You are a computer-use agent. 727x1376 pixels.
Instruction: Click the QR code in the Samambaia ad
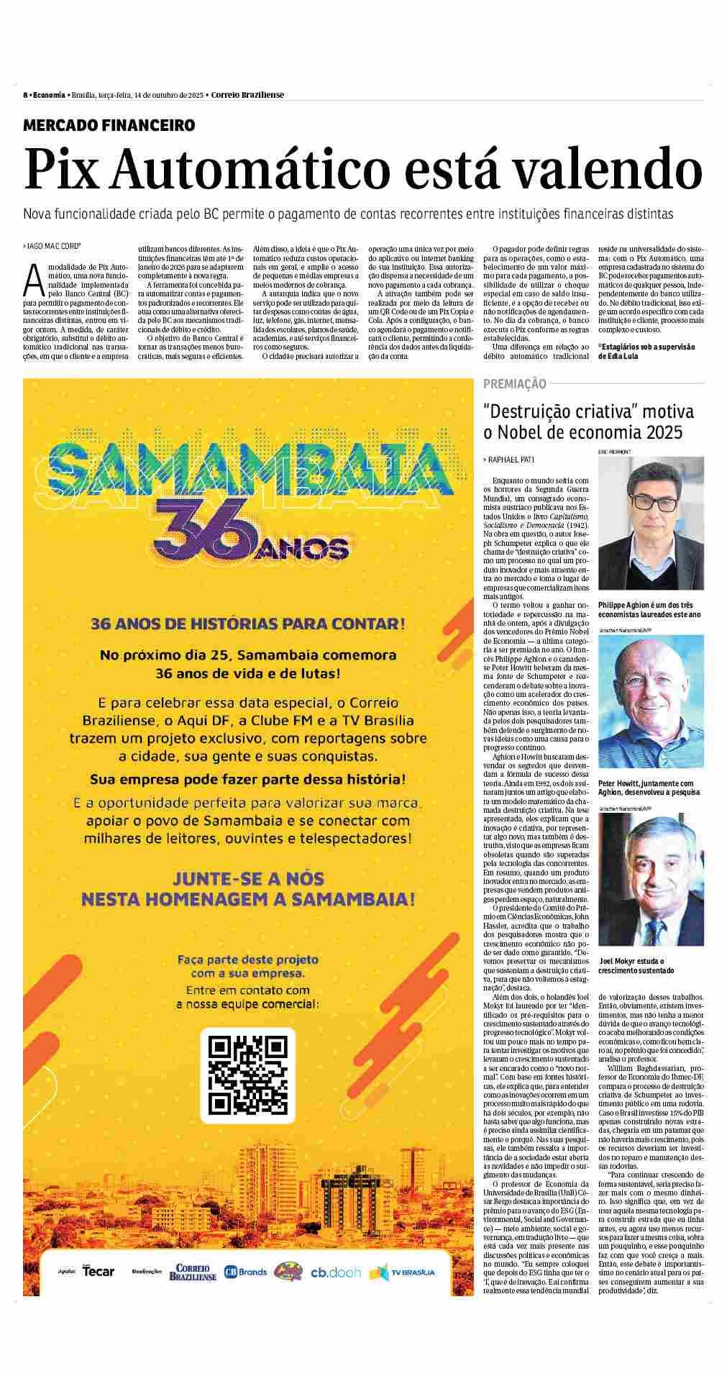point(247,1076)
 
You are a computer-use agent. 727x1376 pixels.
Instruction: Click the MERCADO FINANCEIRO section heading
point(109,125)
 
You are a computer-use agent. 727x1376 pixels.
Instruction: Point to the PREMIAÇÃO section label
point(515,384)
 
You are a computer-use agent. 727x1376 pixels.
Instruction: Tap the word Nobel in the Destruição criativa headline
point(531,432)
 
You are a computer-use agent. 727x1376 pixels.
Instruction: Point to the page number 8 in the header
point(25,95)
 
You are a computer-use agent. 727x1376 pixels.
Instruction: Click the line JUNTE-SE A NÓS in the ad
point(247,878)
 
